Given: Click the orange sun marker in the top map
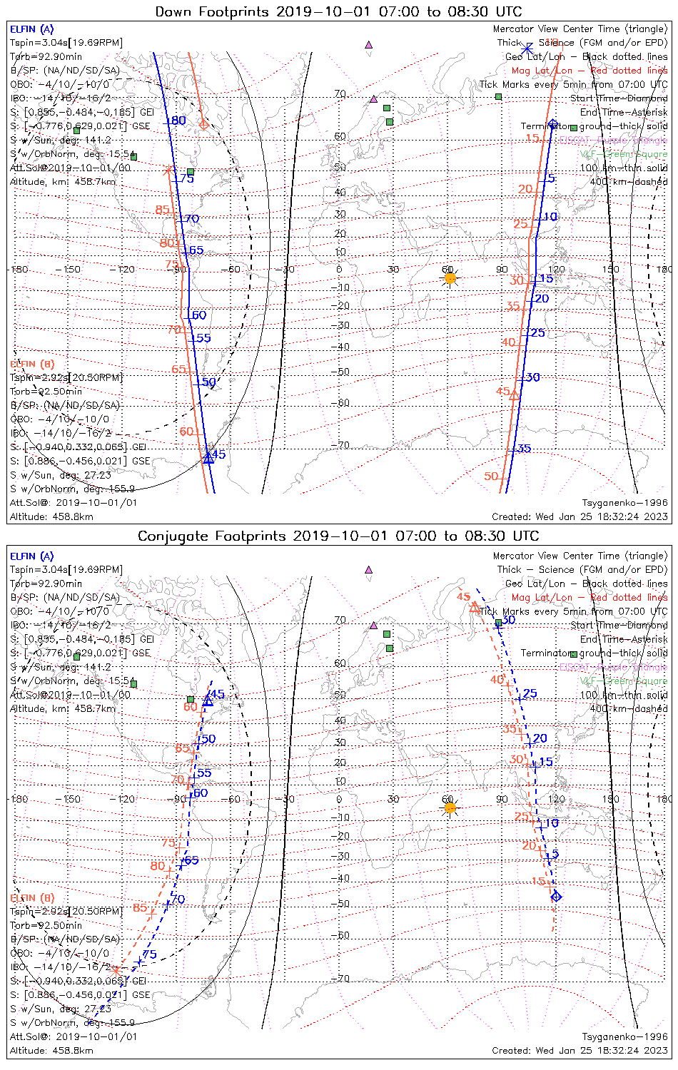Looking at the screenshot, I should point(450,278).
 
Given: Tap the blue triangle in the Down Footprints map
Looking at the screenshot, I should point(208,458).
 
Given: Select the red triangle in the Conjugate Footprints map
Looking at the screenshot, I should point(475,608).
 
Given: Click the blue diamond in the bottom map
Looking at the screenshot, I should point(556,897).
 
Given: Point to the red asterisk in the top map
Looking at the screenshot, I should point(168,170).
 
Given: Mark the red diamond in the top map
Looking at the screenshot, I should point(203,124).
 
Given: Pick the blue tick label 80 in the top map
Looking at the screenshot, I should point(178,121).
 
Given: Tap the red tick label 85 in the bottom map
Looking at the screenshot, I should point(140,908).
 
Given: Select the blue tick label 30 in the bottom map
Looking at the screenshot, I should point(508,620).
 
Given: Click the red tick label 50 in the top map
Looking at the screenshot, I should point(491,477).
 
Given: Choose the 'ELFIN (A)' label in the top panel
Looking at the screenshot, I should point(31,29).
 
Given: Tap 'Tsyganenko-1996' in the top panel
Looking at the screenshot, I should point(624,503).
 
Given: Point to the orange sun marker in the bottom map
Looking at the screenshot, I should point(450,807).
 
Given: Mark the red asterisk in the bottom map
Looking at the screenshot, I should point(116,970).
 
